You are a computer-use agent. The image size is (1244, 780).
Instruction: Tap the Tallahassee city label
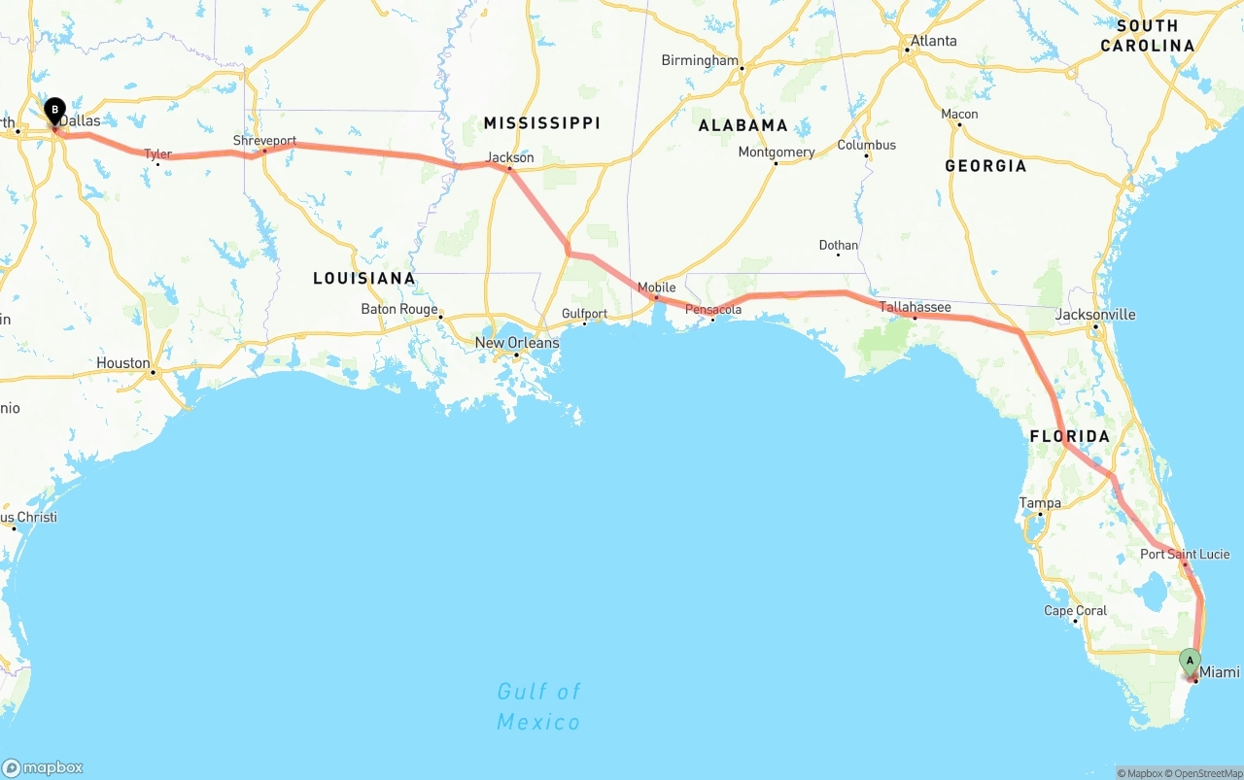[915, 307]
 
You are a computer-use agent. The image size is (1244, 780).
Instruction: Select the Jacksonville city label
[1095, 315]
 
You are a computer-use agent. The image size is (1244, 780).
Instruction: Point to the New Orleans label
[516, 343]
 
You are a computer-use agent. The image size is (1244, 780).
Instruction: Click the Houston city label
[123, 363]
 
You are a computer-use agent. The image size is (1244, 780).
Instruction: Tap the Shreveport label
[264, 141]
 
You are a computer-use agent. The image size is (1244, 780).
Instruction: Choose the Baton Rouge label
[399, 309]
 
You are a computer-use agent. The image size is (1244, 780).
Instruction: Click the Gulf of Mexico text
[538, 706]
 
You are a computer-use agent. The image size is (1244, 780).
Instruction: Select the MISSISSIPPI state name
[541, 122]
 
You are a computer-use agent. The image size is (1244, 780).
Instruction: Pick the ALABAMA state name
[743, 125]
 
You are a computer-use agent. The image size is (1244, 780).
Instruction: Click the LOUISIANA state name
[363, 279]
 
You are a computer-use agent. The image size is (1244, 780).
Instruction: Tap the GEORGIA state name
[985, 166]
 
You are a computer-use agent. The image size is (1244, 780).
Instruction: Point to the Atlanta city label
[933, 41]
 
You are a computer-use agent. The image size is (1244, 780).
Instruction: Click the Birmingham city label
[700, 60]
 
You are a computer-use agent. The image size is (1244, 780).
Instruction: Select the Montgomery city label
[776, 152]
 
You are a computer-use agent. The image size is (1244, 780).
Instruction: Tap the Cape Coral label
[1075, 611]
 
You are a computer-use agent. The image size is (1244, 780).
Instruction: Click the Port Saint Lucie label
[1185, 555]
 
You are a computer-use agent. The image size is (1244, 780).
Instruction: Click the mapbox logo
[43, 767]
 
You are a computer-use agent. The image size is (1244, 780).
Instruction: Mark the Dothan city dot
[838, 254]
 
